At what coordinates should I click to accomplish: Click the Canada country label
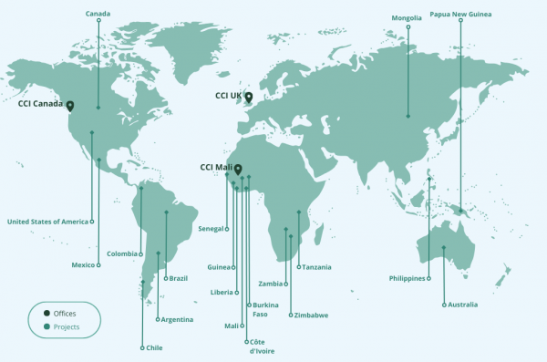tap(98, 14)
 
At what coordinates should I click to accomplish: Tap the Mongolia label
tap(407, 17)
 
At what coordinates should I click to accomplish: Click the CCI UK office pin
tap(248, 98)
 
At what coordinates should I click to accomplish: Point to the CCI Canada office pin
tap(70, 106)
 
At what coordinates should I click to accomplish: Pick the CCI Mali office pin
tap(238, 170)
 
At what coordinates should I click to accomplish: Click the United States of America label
tap(47, 222)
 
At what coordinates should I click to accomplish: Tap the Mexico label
tap(83, 265)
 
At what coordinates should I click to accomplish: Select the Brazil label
tap(177, 278)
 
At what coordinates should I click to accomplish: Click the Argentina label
tap(177, 320)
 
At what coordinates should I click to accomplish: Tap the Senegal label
tap(211, 229)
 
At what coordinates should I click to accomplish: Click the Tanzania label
tap(316, 267)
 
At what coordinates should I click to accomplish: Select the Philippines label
tap(407, 278)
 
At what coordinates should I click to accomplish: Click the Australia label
tap(463, 305)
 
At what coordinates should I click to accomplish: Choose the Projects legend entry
tap(67, 326)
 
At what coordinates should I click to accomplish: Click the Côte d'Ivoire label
tap(261, 346)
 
